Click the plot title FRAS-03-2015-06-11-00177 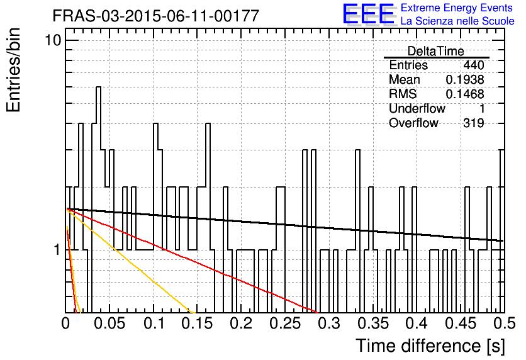pos(156,16)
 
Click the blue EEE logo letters pos(369,14)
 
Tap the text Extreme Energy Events pos(457,8)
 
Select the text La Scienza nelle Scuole pos(457,21)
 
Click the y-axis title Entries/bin pos(14,70)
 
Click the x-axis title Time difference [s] pos(430,346)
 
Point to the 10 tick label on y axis pos(53,41)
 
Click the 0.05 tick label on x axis pos(109,323)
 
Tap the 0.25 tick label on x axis pos(285,323)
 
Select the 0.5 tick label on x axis pos(504,323)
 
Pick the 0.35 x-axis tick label pos(373,323)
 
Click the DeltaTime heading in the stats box pos(436,51)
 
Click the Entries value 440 pos(474,65)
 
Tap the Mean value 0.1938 pos(465,79)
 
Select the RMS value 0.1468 pos(465,94)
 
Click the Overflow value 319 pos(474,123)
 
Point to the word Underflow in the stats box pos(417,108)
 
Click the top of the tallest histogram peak pos(99,87)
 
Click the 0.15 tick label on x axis pos(198,323)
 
